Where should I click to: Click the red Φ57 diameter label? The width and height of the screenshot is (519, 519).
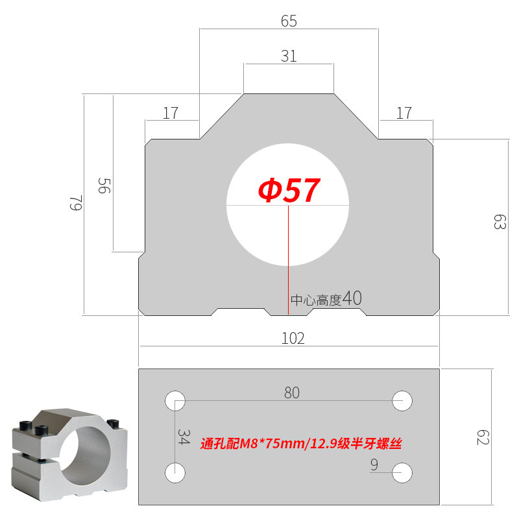289,191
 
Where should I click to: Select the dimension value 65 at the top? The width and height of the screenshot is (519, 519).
289,21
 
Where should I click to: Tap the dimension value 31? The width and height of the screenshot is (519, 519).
289,56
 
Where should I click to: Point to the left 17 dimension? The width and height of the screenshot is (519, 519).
171,113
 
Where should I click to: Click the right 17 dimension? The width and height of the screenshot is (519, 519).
404,113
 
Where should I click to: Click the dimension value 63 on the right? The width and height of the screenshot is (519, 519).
499,223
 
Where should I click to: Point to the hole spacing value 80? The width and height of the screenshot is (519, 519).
292,392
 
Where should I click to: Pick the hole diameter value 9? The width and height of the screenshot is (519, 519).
374,464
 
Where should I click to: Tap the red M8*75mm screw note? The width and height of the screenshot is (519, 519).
302,444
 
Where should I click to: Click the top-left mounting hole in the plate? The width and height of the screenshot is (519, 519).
175,400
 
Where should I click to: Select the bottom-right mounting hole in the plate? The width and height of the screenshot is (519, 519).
403,472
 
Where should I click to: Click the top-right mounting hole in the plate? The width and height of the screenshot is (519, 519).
403,400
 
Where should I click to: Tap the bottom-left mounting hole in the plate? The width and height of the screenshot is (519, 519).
175,472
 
